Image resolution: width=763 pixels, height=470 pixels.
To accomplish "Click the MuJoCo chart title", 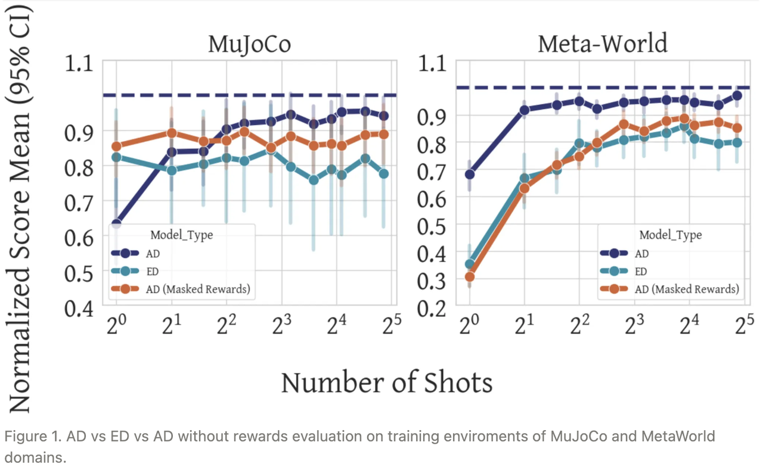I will [249, 45].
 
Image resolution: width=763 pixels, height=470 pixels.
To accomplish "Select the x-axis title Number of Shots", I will [386, 382].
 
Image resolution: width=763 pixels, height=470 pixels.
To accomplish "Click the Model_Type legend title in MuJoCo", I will [181, 235].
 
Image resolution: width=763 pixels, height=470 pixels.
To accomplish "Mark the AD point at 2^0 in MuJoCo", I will [116, 224].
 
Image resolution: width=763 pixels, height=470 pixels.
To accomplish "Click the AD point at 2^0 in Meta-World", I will [470, 175].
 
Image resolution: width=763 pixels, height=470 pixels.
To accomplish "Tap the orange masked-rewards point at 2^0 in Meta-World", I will [470, 276].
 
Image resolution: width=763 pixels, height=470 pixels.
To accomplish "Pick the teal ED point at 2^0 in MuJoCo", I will [117, 157].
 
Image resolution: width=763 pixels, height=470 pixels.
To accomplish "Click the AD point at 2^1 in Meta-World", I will [525, 110].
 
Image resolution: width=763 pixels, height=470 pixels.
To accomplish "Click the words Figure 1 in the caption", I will [24, 437].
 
